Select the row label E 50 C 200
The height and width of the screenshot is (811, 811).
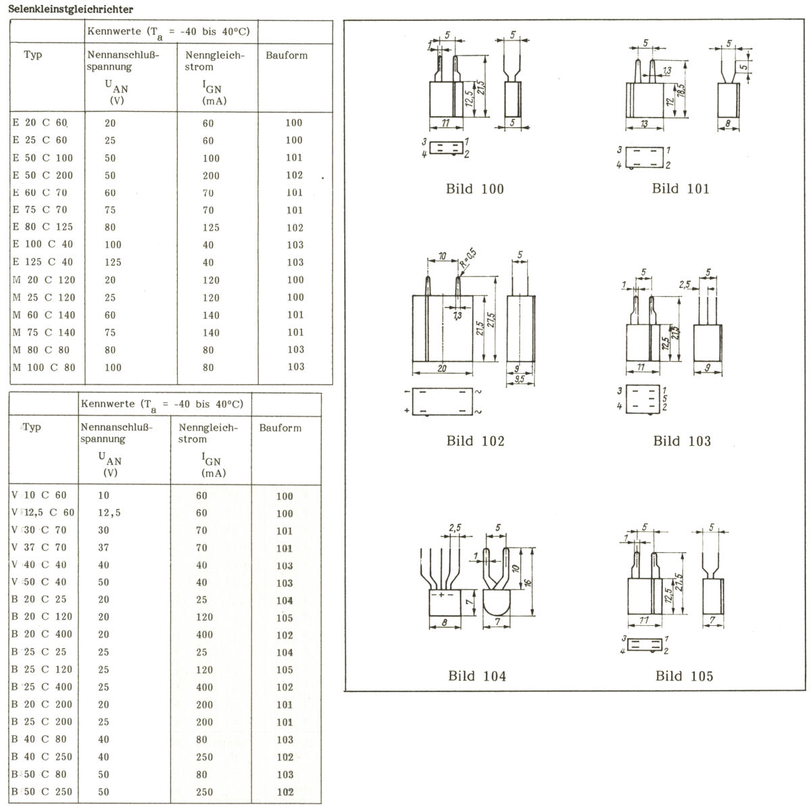(43, 175)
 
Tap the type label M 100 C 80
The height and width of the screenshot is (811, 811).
(44, 367)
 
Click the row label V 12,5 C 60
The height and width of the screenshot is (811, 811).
(43, 512)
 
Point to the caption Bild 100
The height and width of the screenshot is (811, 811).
(475, 189)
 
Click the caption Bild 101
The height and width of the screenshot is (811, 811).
(681, 189)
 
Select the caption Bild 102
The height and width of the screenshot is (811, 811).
(475, 441)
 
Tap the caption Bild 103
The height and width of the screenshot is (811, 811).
(682, 441)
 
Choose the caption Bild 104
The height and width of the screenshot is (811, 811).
(476, 676)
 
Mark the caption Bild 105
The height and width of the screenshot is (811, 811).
(684, 676)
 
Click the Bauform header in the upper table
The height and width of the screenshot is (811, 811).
(287, 55)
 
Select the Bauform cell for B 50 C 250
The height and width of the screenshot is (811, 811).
(285, 791)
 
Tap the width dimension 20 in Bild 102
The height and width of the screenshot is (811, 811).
(441, 368)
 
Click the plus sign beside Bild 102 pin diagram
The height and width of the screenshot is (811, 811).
(407, 410)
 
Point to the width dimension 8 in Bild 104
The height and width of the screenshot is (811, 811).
(445, 622)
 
